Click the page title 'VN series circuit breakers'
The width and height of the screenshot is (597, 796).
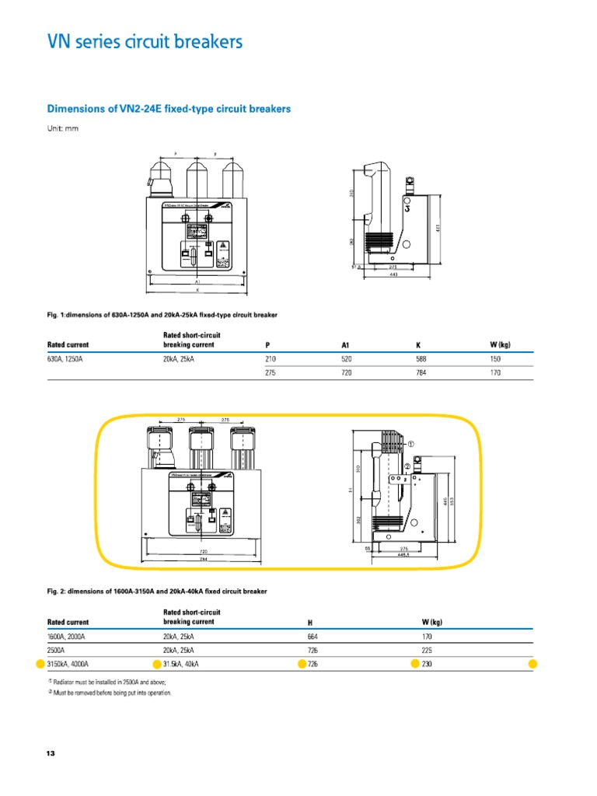145,42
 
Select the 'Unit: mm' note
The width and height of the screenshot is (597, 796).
63,129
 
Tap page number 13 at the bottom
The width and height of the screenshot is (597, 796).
51,754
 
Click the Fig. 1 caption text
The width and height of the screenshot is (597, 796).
162,315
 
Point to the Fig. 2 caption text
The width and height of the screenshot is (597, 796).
156,592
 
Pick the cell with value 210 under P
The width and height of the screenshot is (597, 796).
271,359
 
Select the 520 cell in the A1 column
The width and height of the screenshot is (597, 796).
347,359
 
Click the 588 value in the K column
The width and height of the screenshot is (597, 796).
422,359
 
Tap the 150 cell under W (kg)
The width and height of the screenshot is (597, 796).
496,359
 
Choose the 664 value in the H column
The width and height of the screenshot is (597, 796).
313,636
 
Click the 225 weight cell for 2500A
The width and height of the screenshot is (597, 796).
427,650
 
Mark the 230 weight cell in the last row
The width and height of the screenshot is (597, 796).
427,664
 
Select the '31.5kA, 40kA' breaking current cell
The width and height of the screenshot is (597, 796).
183,664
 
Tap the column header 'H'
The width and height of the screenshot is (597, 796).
310,622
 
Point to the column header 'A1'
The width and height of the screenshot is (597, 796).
345,344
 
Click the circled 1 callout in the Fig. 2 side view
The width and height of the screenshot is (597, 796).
410,444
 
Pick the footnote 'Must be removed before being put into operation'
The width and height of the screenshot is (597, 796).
111,692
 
